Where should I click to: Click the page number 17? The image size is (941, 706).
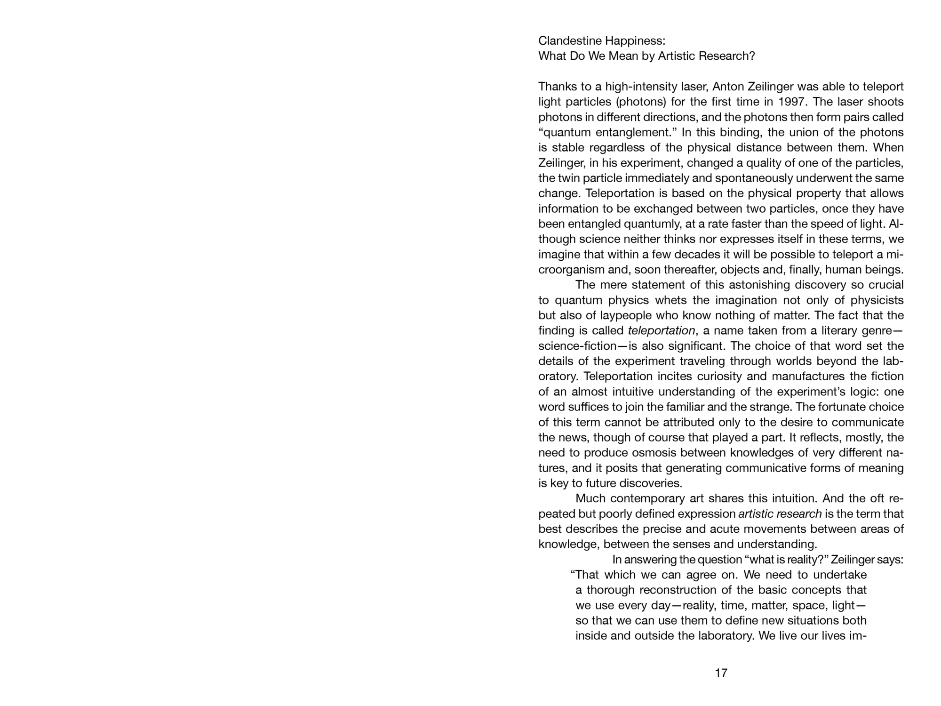721,673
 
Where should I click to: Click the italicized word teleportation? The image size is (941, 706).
661,330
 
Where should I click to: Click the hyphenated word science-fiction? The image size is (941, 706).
577,346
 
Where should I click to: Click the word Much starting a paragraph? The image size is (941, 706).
590,498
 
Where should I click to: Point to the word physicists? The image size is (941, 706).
877,300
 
